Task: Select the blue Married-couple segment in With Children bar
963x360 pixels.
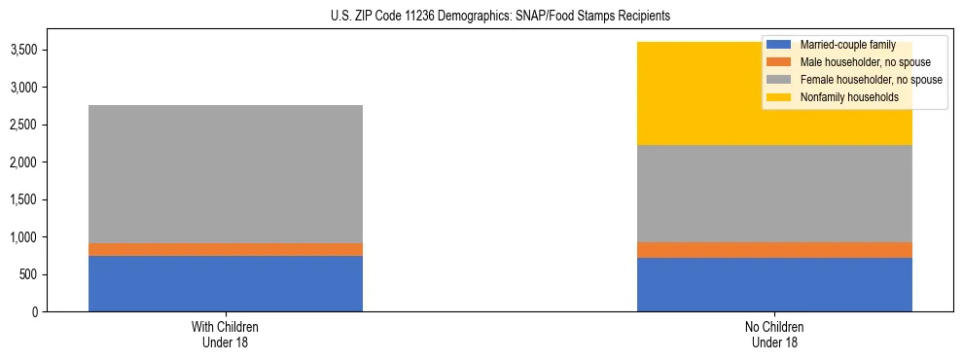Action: pyautogui.click(x=226, y=283)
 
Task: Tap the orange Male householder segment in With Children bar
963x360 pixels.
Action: pyautogui.click(x=226, y=249)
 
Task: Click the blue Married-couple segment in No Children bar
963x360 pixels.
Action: pyautogui.click(x=774, y=284)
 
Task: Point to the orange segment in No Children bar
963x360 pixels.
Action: pyautogui.click(x=774, y=249)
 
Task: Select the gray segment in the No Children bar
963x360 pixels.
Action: pyautogui.click(x=774, y=193)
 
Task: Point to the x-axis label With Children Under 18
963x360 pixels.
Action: pyautogui.click(x=226, y=334)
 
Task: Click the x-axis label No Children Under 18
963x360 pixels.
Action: pyautogui.click(x=774, y=334)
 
